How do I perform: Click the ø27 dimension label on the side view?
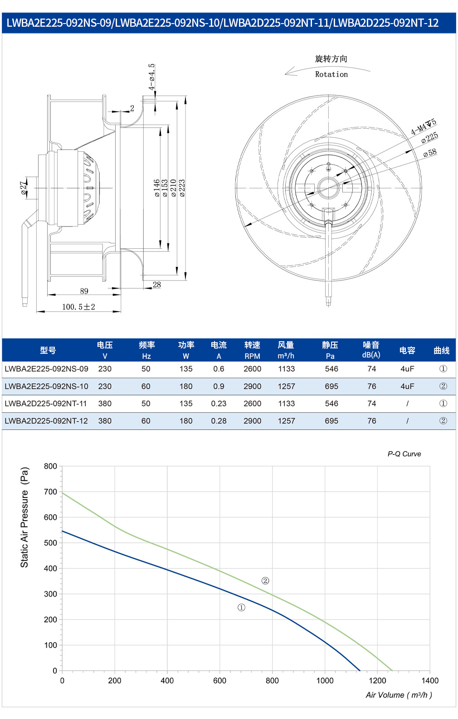pyautogui.click(x=24, y=188)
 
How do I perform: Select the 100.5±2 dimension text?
pyautogui.click(x=79, y=307)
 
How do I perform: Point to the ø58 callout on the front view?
pyautogui.click(x=430, y=153)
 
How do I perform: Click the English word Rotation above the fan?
pyautogui.click(x=331, y=74)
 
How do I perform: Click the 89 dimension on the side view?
pyautogui.click(x=84, y=291)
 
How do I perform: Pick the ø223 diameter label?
pyautogui.click(x=182, y=188)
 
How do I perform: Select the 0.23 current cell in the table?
pyautogui.click(x=219, y=404)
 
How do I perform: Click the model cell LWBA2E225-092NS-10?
pyautogui.click(x=46, y=386)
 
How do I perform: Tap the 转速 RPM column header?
pyautogui.click(x=252, y=350)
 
